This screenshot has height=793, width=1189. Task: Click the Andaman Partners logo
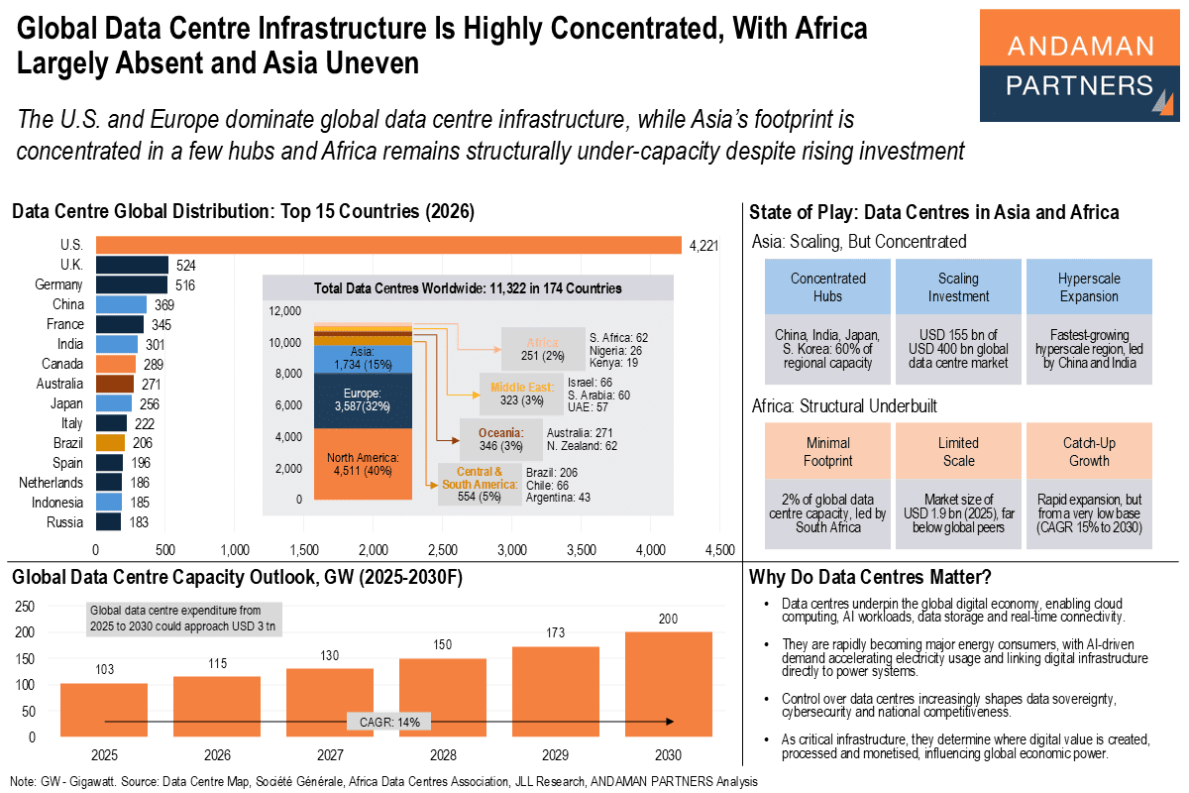1080,65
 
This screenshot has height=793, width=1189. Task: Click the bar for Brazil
109,443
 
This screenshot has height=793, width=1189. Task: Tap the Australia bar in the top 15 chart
114,384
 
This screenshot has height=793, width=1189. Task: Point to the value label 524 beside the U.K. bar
186,265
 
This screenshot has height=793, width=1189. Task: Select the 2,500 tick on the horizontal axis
442,549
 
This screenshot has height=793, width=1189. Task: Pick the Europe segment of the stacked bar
363,400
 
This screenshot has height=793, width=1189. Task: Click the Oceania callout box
501,439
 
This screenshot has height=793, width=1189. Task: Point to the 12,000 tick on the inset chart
285,311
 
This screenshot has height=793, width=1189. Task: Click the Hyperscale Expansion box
1089,287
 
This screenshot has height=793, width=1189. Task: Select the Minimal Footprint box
827,452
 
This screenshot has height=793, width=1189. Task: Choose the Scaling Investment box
958,287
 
